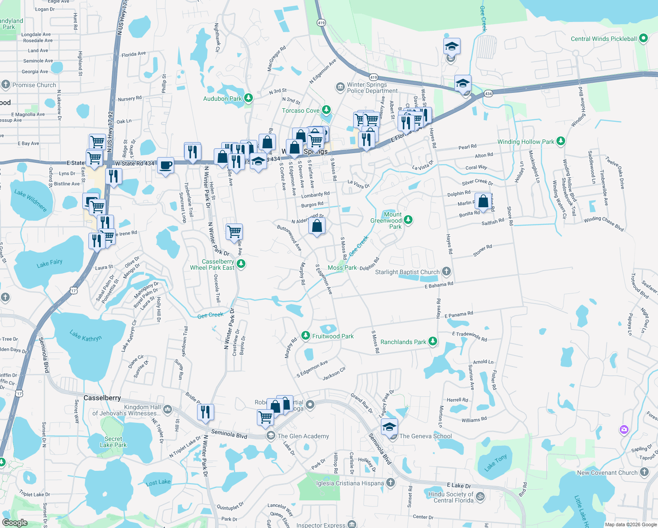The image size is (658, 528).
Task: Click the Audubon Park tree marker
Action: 249,98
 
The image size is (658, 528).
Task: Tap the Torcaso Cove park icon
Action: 326,110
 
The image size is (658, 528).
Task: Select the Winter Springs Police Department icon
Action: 340,87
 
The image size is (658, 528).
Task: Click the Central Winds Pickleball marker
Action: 643,38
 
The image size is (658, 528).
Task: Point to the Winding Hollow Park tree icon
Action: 560,141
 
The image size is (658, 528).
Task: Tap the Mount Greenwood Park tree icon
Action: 408,220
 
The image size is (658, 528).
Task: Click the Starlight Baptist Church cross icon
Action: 446,271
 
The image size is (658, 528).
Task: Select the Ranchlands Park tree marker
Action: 433,341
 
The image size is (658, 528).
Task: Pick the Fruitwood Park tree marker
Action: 305,336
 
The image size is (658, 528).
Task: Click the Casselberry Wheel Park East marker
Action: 241,264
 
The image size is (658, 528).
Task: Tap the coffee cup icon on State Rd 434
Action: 165,165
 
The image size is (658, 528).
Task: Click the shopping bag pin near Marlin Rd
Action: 483,202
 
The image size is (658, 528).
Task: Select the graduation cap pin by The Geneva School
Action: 389,427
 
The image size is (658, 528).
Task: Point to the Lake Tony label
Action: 496,463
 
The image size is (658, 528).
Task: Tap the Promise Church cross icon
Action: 6,84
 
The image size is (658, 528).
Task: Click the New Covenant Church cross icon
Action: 644,472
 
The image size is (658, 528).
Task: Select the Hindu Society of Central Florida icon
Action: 480,496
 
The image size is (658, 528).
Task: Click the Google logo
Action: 15,523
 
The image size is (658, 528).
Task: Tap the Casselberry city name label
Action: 102,398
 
